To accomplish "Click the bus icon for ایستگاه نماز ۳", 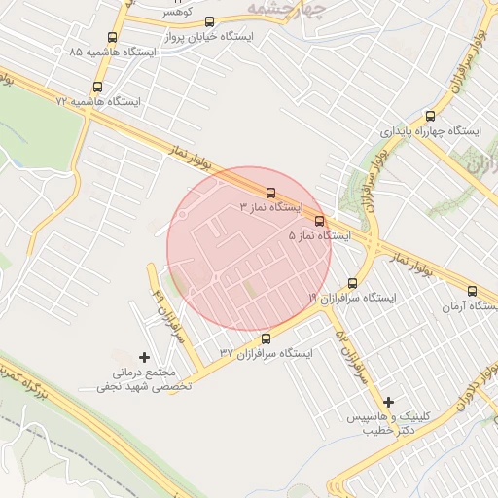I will [271, 192].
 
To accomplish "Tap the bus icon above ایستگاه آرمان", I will [473, 291].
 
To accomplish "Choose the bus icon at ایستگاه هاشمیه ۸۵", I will [113, 38].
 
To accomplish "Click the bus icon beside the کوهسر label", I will [209, 20].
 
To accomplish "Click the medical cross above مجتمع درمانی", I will [146, 358].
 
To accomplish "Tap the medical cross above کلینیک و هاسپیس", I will [389, 402].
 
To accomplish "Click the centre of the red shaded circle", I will [249, 249].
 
